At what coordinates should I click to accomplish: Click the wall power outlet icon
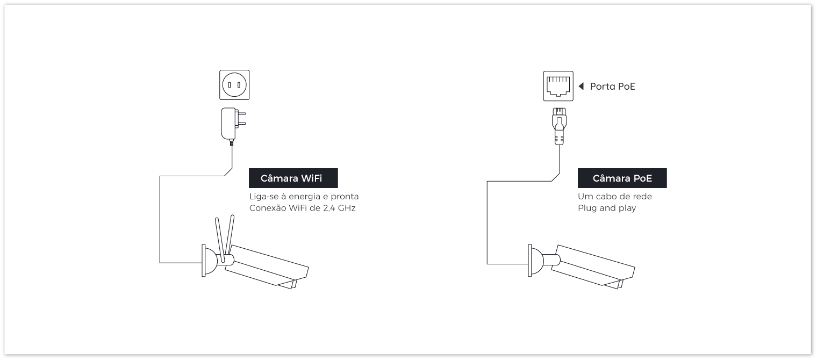(234, 85)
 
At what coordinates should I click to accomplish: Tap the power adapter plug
(233, 126)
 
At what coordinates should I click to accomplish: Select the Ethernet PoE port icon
(558, 86)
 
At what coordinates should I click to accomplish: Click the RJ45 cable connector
(559, 126)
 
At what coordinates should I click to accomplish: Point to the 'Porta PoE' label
(612, 87)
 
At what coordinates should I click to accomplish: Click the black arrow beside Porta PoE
(582, 87)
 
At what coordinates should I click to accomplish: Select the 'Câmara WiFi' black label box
(293, 178)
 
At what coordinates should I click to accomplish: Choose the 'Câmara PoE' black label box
(622, 178)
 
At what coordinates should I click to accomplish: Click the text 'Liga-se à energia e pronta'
(304, 197)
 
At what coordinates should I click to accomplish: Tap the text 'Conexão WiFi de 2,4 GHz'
(303, 208)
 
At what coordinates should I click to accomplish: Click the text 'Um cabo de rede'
(614, 197)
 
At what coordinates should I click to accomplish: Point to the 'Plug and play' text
(607, 208)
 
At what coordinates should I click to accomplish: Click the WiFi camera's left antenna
(219, 240)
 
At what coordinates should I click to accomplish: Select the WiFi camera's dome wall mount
(210, 261)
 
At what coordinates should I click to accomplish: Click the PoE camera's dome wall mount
(536, 261)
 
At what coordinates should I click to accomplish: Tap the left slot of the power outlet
(230, 85)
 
